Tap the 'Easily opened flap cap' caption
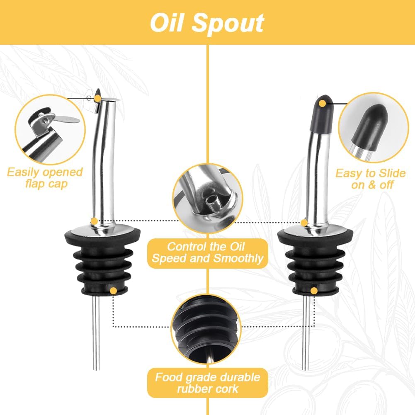tap(45, 178)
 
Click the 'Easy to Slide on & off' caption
tap(371, 179)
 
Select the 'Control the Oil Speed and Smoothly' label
tap(207, 252)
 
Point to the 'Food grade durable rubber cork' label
tap(207, 383)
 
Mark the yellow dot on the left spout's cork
tap(113, 291)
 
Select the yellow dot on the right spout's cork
tap(314, 290)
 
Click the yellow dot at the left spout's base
tap(95, 221)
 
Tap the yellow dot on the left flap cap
tap(97, 98)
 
